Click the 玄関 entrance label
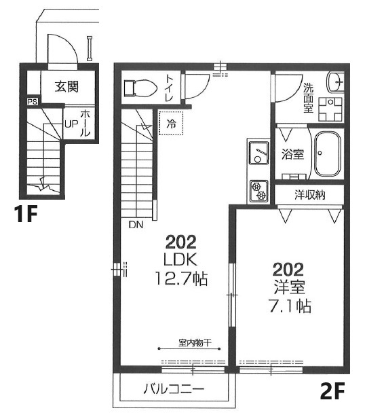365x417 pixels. click(x=66, y=87)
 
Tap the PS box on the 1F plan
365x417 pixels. click(x=33, y=102)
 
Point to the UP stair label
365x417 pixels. click(x=71, y=124)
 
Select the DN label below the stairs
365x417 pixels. click(x=136, y=225)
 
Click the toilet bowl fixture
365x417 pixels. click(x=140, y=88)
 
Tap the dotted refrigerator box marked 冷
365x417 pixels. click(x=171, y=123)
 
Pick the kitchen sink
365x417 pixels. click(x=258, y=153)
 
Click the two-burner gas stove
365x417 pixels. click(x=258, y=190)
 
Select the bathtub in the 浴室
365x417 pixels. click(x=328, y=153)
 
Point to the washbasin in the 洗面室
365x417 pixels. click(x=336, y=81)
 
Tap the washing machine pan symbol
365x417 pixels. click(x=330, y=109)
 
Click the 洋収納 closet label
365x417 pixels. click(x=310, y=195)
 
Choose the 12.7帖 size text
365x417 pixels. click(x=181, y=278)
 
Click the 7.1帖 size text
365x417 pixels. click(x=290, y=306)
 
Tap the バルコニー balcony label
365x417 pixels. click(x=174, y=389)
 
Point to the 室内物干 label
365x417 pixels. click(x=195, y=343)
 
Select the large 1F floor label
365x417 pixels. click(x=26, y=214)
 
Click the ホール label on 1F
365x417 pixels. click(x=85, y=123)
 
